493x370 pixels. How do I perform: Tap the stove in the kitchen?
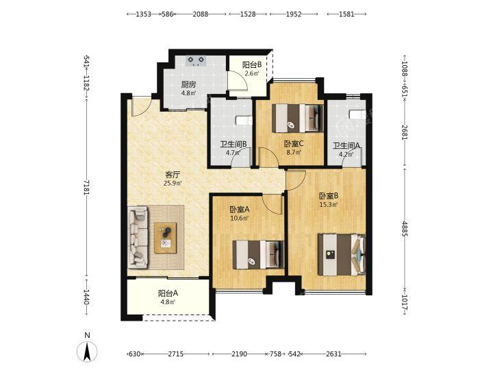(x=195, y=61)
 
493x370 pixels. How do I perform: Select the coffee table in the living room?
(x=166, y=238)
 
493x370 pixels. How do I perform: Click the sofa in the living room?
(x=138, y=237)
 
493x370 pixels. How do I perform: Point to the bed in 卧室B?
(x=342, y=254)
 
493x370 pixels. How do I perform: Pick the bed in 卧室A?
(x=258, y=255)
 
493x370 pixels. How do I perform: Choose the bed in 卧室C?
(x=297, y=118)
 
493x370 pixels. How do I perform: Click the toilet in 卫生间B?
(x=244, y=121)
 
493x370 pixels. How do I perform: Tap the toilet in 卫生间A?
(x=357, y=114)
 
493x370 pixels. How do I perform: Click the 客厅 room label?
(x=173, y=174)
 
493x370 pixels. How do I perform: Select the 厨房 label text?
(x=189, y=84)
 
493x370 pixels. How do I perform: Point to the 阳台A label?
(x=168, y=293)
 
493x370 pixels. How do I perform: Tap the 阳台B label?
(x=252, y=65)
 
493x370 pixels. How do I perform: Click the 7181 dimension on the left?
(x=87, y=188)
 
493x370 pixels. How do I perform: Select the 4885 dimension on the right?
(x=405, y=229)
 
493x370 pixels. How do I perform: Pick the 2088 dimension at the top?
(x=200, y=14)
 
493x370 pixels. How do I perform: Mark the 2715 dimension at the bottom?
(x=175, y=354)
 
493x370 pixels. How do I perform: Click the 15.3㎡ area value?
(x=329, y=204)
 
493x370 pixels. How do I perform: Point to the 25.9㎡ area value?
(x=173, y=183)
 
